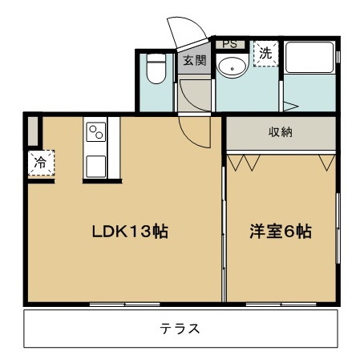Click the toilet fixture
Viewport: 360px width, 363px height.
point(156,69)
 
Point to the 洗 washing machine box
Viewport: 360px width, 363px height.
point(265,53)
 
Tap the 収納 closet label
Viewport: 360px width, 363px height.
point(280,132)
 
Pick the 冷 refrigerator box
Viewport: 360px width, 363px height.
point(39,163)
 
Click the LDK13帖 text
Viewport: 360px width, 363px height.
point(128,232)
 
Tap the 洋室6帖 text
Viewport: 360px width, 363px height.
point(280,232)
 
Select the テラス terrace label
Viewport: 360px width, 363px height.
point(179,329)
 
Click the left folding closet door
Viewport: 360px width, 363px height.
point(244,163)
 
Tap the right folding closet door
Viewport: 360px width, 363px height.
point(326,163)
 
